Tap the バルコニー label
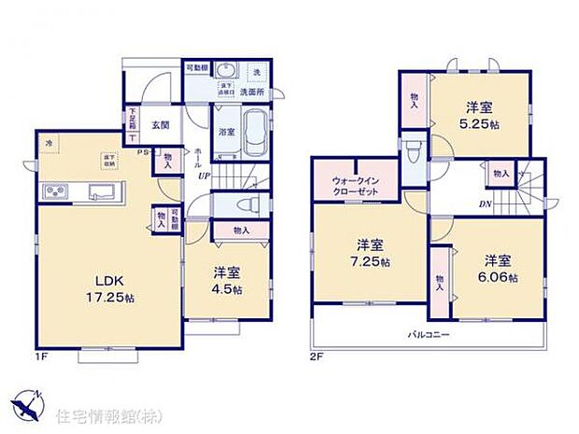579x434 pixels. coord(424,333)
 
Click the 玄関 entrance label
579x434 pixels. coord(159,125)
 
